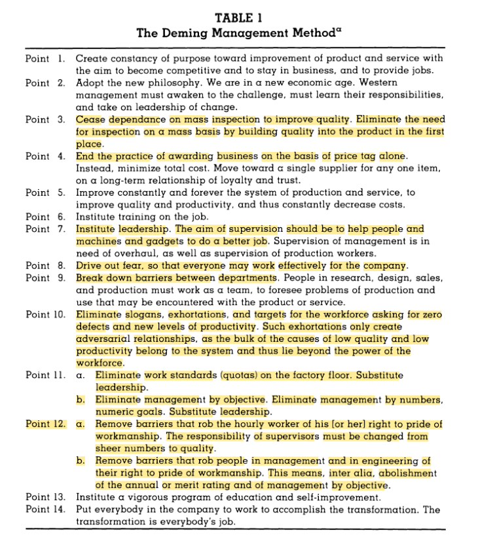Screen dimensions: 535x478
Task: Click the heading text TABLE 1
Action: [x=238, y=18]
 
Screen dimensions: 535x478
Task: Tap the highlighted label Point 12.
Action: [x=45, y=424]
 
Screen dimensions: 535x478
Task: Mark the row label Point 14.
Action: [x=45, y=510]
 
